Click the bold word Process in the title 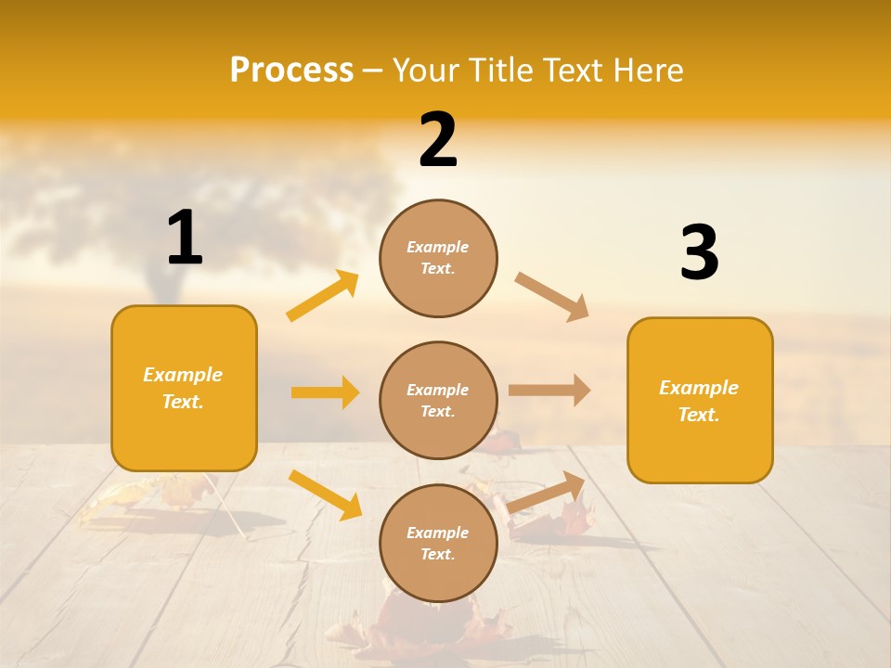coord(291,70)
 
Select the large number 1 coord(185,238)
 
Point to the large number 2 coord(438,140)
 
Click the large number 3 coord(699,252)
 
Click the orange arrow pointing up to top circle coord(323,296)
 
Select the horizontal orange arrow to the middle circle coord(325,392)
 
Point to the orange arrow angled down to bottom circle coord(325,494)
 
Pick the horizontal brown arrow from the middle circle coord(549,391)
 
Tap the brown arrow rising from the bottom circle coord(547,492)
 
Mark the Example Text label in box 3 coord(699,401)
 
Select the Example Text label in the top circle coord(438,258)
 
